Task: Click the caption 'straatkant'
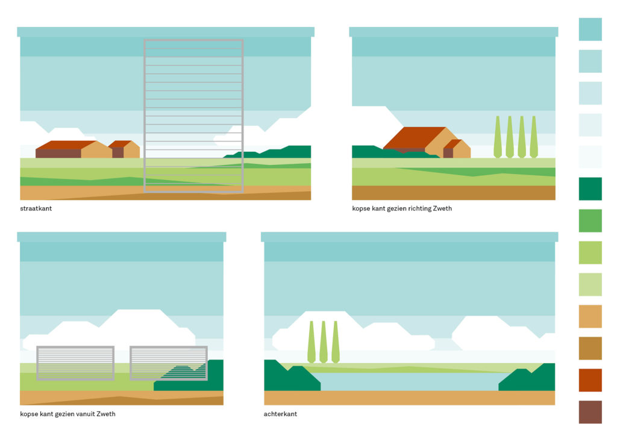pyautogui.click(x=36, y=208)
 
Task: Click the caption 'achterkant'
pyautogui.click(x=280, y=414)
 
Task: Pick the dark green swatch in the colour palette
pyautogui.click(x=590, y=188)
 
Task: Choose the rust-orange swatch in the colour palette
pyautogui.click(x=590, y=380)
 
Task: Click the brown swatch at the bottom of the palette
pyautogui.click(x=590, y=412)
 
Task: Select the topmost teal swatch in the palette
pyautogui.click(x=590, y=29)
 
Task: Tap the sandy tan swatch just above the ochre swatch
pyautogui.click(x=590, y=316)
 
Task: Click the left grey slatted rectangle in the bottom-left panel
pyautogui.click(x=75, y=363)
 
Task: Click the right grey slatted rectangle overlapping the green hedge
pyautogui.click(x=169, y=363)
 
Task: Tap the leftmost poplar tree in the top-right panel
pyautogui.click(x=498, y=137)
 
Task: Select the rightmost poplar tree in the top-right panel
pyautogui.click(x=533, y=137)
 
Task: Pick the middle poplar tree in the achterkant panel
pyautogui.click(x=324, y=342)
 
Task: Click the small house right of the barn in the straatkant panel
pyautogui.click(x=125, y=149)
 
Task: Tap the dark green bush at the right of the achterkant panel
pyautogui.click(x=530, y=379)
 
